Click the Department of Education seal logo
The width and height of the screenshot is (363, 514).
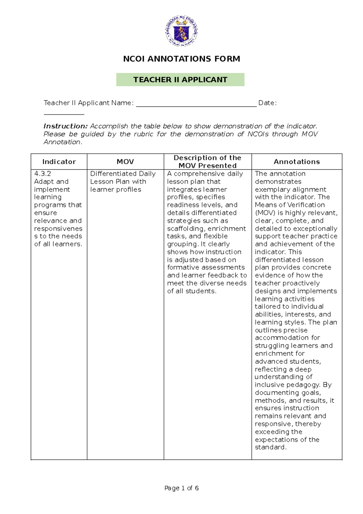pos(181,31)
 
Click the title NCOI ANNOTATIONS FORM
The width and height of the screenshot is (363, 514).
pos(181,59)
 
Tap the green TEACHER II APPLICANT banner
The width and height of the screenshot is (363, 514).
pos(180,80)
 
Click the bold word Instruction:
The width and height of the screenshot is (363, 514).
pos(65,126)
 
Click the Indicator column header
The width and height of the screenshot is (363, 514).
pos(59,162)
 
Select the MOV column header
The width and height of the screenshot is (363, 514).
pos(125,162)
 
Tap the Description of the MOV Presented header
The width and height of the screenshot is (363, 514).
pos(208,162)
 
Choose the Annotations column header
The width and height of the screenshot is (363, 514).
pos(297,162)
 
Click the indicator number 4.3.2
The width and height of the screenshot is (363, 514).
pos(42,174)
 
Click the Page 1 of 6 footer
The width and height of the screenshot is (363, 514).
pos(181,488)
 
